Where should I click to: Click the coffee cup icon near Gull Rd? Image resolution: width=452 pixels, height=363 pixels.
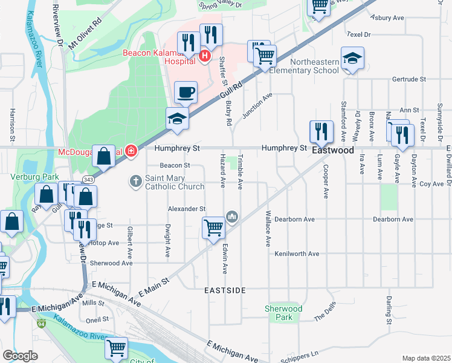[x=186, y=92]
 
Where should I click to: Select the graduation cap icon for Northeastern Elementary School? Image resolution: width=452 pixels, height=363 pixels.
[x=352, y=58]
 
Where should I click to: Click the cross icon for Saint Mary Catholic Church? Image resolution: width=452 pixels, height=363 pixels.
[x=137, y=181]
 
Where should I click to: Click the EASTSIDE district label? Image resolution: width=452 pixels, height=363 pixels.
[x=224, y=290]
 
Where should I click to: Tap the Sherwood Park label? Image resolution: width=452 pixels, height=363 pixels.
[x=283, y=313]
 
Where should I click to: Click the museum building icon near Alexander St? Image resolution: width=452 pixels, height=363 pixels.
[x=232, y=216]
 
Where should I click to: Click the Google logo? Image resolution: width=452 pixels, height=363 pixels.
[x=20, y=355]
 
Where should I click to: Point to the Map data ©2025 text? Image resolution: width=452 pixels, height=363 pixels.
[x=425, y=358]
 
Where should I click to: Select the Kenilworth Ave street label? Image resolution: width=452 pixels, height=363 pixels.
[x=296, y=254]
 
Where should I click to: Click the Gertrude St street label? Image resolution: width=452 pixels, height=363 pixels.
[x=409, y=79]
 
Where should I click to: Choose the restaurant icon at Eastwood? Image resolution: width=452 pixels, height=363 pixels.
[x=321, y=131]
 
